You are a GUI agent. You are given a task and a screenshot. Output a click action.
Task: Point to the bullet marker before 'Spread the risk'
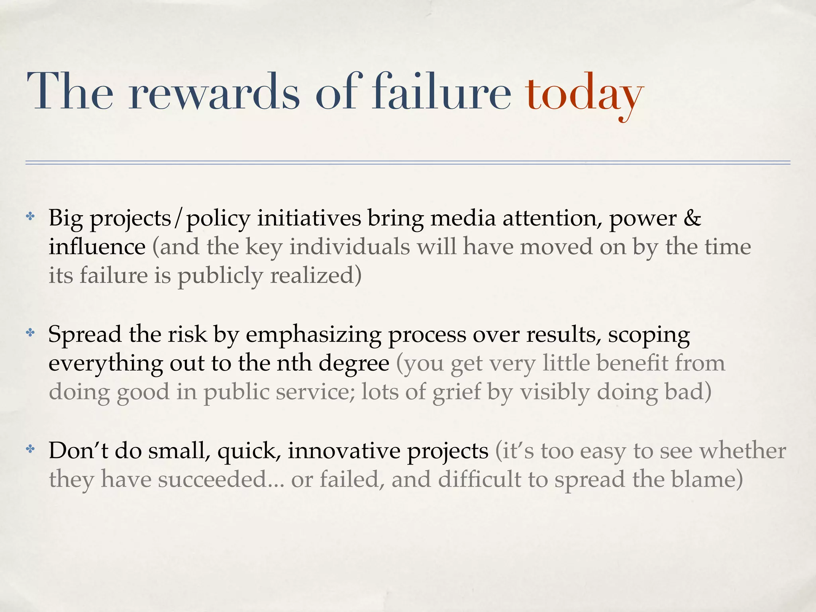click(x=30, y=333)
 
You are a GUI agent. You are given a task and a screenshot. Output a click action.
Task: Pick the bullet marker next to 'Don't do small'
click(x=30, y=449)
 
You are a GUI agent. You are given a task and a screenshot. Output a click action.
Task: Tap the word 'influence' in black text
click(x=97, y=247)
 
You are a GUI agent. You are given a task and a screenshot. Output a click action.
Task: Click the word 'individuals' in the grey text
click(x=349, y=247)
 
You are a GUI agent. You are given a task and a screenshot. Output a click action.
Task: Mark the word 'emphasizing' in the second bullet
click(x=314, y=335)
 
